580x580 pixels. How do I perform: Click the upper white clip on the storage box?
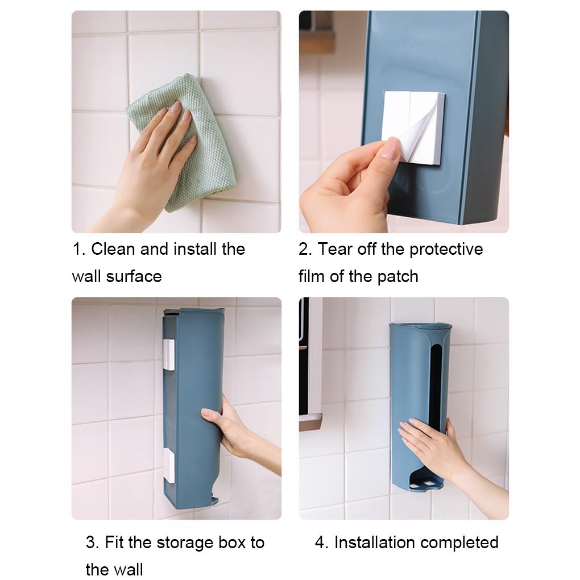pos(169,355)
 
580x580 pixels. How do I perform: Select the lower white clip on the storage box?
pos(169,465)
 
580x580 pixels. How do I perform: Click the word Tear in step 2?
pos(335,249)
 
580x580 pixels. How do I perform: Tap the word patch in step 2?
pos(397,277)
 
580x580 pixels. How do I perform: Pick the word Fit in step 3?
pos(114,542)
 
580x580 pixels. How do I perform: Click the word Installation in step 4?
pos(374,542)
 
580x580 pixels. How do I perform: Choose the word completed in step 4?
pos(459,543)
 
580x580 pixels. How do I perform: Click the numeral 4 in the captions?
pos(320,542)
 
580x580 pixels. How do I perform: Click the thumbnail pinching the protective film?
pos(391,148)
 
